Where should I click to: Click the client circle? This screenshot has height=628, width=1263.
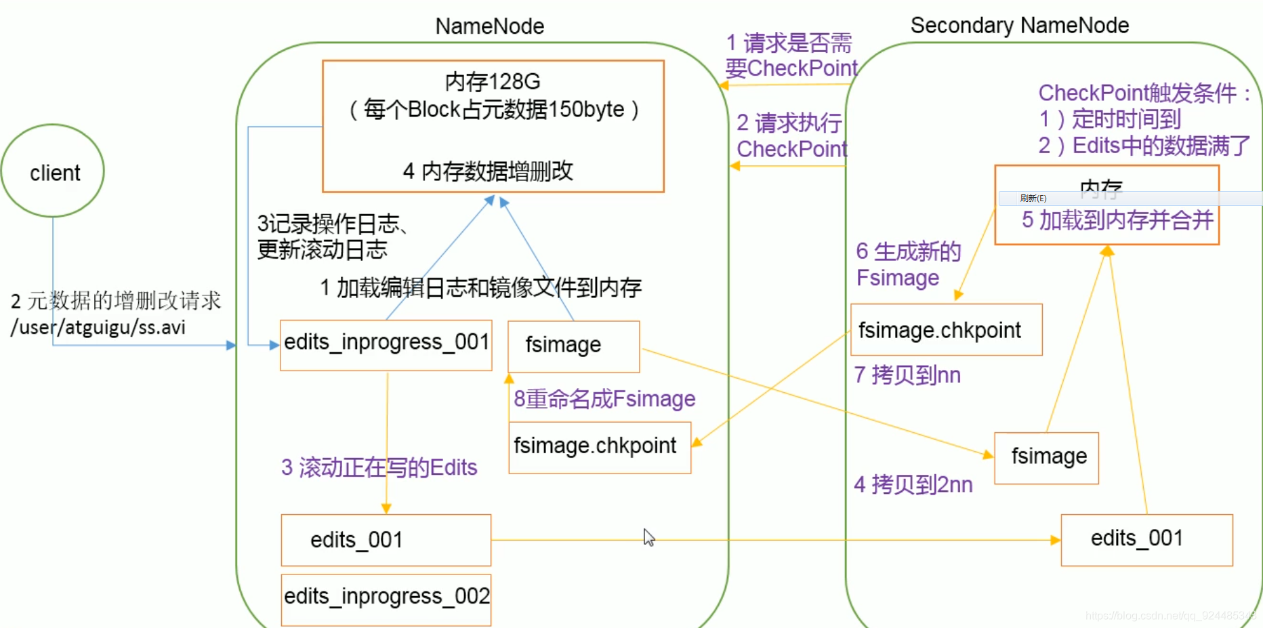(x=54, y=171)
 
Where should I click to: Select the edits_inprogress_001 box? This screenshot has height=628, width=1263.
(x=386, y=345)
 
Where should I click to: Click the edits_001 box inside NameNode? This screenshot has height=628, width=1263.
(x=386, y=540)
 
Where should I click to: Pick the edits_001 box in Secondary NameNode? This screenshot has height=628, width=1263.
(x=1146, y=539)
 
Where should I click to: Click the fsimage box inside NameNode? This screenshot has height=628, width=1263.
(x=573, y=346)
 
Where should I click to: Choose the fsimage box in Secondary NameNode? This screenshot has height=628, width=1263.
(x=1046, y=457)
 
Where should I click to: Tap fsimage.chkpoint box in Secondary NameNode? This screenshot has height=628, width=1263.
(x=946, y=330)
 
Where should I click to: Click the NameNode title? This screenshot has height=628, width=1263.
(x=489, y=26)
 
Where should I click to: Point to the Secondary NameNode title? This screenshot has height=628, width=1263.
(x=1019, y=25)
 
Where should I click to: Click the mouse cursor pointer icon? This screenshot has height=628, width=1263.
(x=648, y=537)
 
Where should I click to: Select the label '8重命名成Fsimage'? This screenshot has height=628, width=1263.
(x=604, y=399)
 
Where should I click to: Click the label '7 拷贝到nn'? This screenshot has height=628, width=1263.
(x=907, y=375)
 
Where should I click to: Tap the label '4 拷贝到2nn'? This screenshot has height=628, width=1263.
(x=913, y=485)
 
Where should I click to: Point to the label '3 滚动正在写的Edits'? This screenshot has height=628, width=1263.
(x=379, y=467)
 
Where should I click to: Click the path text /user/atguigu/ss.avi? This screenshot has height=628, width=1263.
(x=98, y=328)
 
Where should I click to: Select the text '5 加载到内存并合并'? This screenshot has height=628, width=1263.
(x=1117, y=220)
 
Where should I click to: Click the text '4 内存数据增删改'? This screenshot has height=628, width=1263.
(x=488, y=171)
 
